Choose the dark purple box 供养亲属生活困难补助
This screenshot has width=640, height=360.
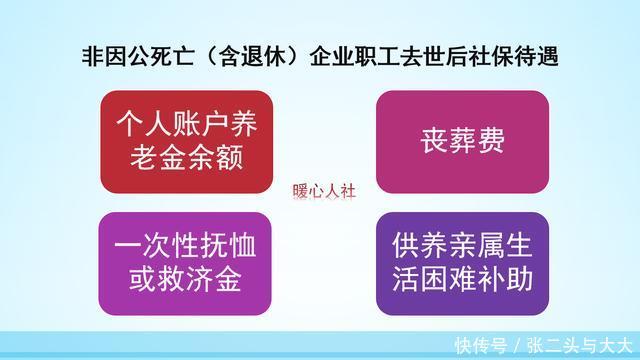[461, 263]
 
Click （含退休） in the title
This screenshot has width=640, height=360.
[254, 57]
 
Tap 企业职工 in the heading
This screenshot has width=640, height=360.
[369, 57]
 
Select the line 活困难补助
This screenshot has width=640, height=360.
[461, 277]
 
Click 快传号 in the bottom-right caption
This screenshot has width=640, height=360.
[479, 344]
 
